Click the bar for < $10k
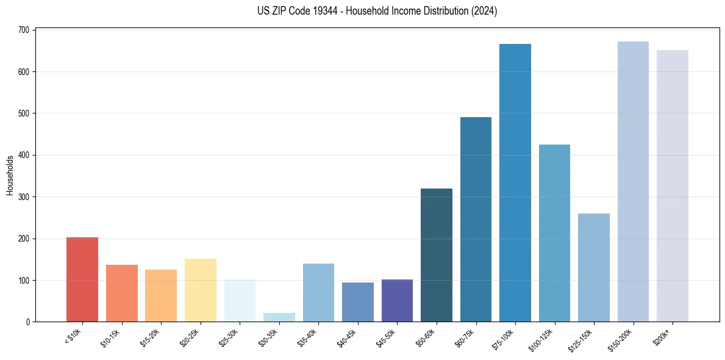click(82, 279)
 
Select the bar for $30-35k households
click(279, 317)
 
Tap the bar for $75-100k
click(515, 183)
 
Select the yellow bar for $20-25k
click(201, 290)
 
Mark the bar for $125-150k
click(594, 268)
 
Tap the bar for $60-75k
click(476, 220)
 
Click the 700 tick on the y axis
click(24, 30)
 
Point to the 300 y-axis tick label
click(24, 197)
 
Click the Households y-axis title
click(10, 175)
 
